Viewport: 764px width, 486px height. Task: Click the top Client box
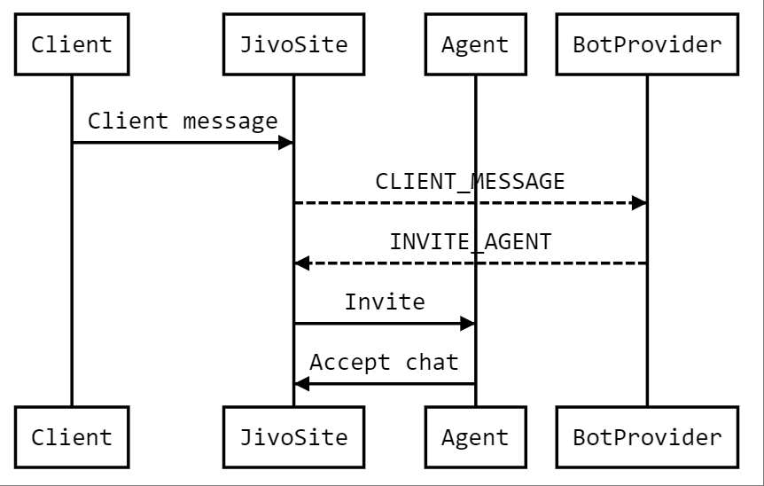pyautogui.click(x=72, y=44)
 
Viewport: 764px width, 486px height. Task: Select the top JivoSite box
pyautogui.click(x=293, y=44)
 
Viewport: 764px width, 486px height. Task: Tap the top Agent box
pyautogui.click(x=475, y=44)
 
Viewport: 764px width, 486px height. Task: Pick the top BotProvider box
pyautogui.click(x=647, y=44)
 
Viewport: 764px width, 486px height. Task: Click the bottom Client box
pyautogui.click(x=72, y=437)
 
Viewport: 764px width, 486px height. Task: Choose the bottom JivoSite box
pyautogui.click(x=293, y=437)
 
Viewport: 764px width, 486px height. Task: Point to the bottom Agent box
pyautogui.click(x=475, y=437)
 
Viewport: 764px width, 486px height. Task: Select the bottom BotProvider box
pyautogui.click(x=647, y=437)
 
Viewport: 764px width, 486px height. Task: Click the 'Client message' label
pyautogui.click(x=183, y=121)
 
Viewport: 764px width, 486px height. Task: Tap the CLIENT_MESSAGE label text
pyautogui.click(x=470, y=182)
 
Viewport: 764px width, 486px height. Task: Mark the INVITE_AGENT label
pyautogui.click(x=470, y=241)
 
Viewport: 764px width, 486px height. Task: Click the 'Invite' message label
pyautogui.click(x=385, y=302)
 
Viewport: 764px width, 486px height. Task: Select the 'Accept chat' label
pyautogui.click(x=385, y=362)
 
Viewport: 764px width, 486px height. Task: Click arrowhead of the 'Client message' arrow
pyautogui.click(x=285, y=142)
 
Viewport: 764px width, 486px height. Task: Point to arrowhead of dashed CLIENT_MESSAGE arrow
pyautogui.click(x=639, y=203)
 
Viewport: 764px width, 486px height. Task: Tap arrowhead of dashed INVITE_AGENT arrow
pyautogui.click(x=302, y=263)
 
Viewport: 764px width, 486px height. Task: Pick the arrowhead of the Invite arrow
pyautogui.click(x=467, y=324)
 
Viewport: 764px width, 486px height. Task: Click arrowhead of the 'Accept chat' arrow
pyautogui.click(x=302, y=383)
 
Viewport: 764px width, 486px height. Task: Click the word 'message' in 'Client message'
pyautogui.click(x=230, y=121)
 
